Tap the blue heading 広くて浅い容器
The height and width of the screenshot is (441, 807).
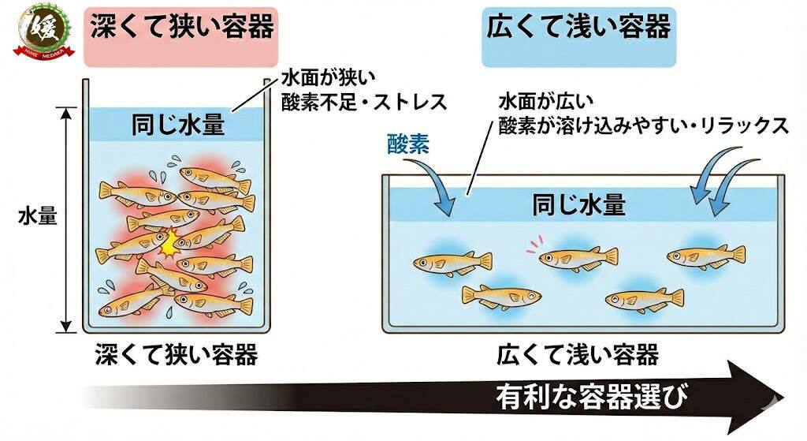[578, 28]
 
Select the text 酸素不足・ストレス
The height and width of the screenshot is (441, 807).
[363, 102]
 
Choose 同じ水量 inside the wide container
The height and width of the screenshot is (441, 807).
[579, 205]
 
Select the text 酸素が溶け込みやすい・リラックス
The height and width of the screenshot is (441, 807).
[643, 126]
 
